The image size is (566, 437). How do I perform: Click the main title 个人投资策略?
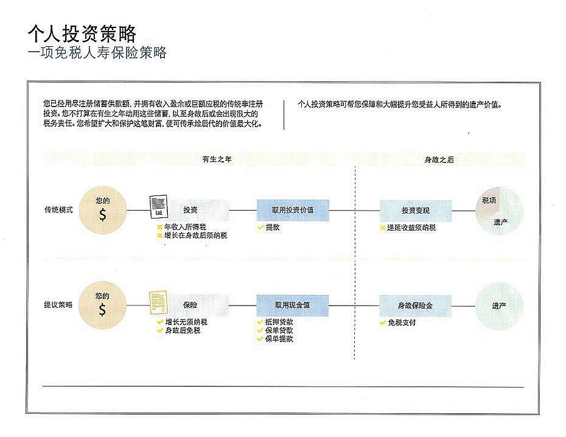point(82,33)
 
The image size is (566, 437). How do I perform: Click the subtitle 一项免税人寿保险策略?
point(97,53)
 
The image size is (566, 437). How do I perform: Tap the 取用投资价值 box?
point(293,210)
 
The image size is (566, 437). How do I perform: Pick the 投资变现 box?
point(416,211)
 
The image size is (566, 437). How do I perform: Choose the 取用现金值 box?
point(293,305)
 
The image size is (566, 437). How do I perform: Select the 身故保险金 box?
point(416,306)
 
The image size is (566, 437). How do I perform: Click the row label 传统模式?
point(58,210)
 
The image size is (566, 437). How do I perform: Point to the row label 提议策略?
point(58,305)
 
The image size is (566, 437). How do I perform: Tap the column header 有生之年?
point(217,159)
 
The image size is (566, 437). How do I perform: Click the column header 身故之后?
point(439,159)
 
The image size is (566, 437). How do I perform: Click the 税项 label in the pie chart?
point(489,200)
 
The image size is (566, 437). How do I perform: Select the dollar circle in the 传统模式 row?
point(102,211)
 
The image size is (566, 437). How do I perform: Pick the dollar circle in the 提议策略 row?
point(102,306)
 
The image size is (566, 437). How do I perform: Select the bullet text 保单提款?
point(279,338)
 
